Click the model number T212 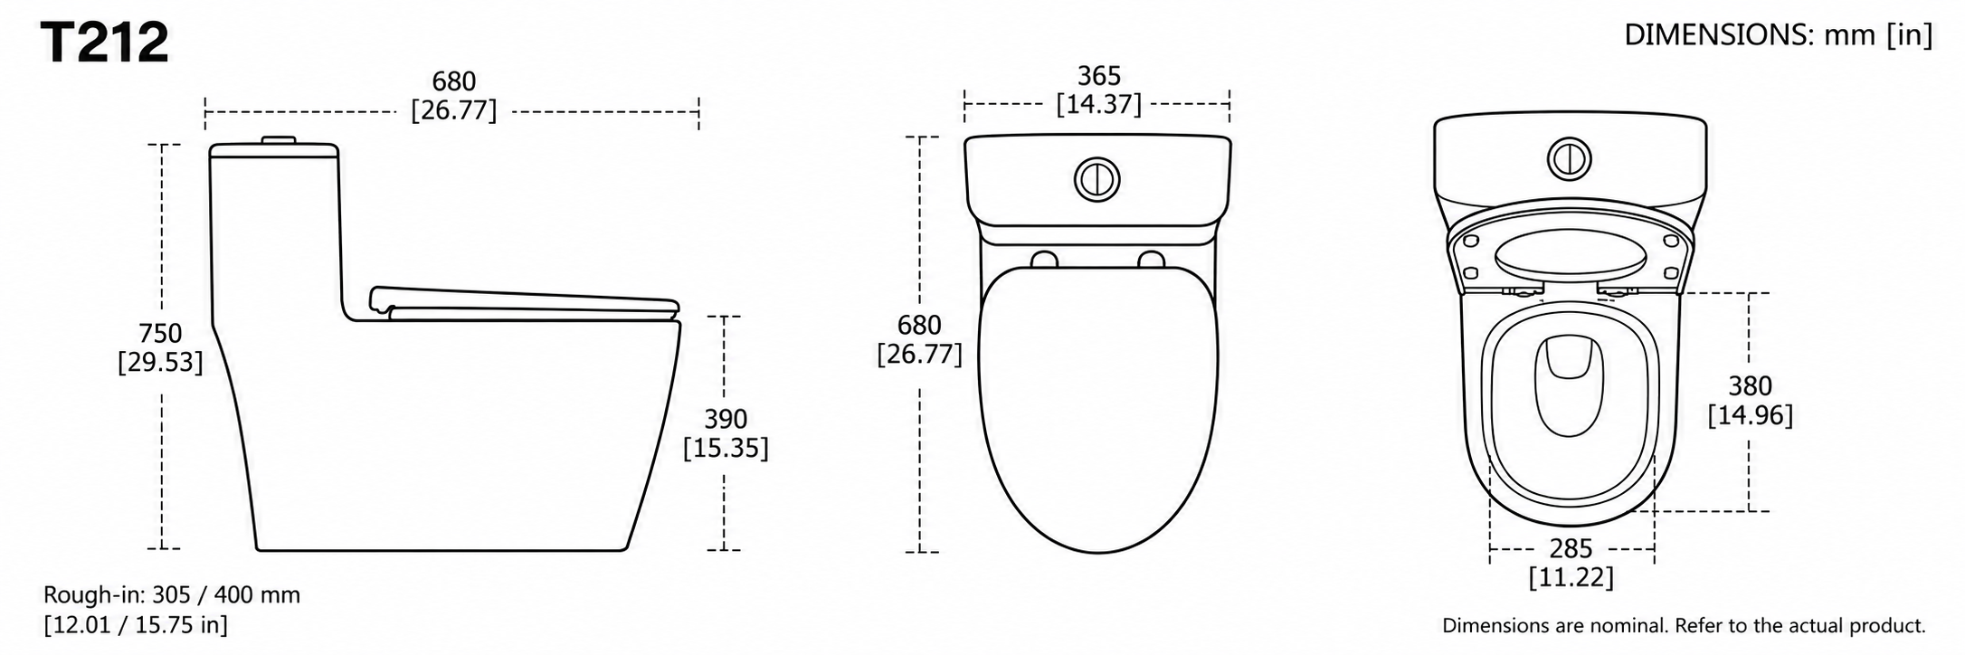pos(106,43)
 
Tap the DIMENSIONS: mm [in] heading pos(1778,35)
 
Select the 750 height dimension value pos(160,333)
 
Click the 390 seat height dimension pos(726,419)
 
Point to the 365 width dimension pos(1098,76)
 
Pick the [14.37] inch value pos(1098,105)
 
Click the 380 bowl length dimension pos(1750,386)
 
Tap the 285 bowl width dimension pos(1571,548)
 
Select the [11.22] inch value pos(1571,577)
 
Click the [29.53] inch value pos(160,362)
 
